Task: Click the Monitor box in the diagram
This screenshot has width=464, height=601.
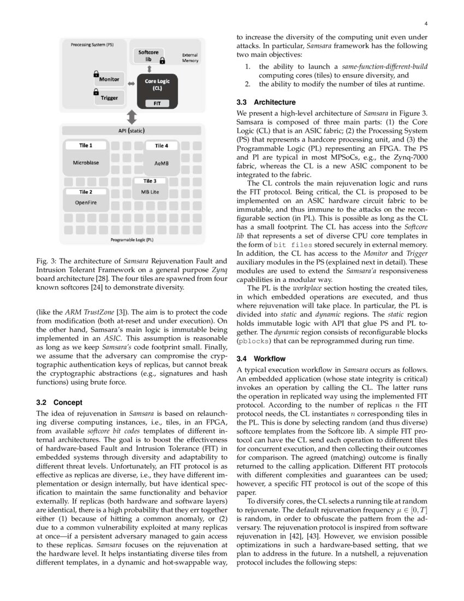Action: coord(109,80)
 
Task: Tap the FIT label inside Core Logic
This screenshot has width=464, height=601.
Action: coord(157,103)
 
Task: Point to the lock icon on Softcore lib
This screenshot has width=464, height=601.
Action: coord(162,61)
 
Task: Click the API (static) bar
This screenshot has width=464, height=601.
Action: coord(132,131)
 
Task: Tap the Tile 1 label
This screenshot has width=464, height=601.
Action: coord(86,146)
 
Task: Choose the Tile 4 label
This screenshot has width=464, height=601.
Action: coord(162,146)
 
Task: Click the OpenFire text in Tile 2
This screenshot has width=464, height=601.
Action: coord(86,202)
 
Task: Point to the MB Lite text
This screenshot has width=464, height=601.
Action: coord(150,192)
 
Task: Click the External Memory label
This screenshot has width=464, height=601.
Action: coord(191,58)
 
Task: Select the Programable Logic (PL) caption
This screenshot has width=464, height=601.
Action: coord(132,240)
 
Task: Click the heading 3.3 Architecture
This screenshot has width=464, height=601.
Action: coord(266,102)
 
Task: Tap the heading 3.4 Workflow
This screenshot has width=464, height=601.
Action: coord(261,358)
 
